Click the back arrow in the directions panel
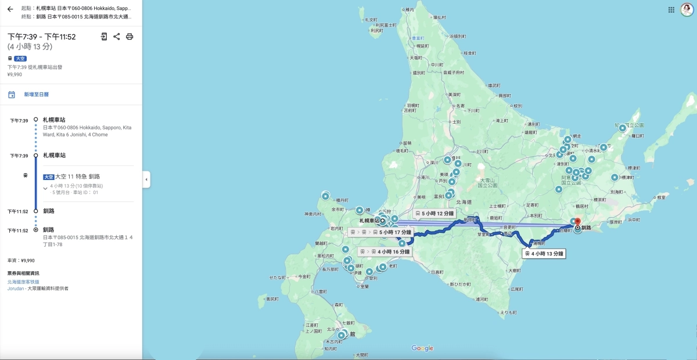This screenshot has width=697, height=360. click(10, 9)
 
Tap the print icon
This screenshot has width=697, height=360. click(130, 37)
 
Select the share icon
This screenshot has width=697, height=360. click(117, 37)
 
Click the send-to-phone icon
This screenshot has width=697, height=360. click(104, 37)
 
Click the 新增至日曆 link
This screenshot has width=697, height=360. click(36, 94)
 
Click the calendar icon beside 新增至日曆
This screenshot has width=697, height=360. click(12, 95)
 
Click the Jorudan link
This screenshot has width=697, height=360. click(16, 288)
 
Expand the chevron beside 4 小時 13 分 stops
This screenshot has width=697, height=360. click(45, 188)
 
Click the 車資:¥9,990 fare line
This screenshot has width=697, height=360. click(21, 261)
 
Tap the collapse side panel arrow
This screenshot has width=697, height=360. click(146, 179)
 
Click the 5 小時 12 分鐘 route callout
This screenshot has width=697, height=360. click(434, 214)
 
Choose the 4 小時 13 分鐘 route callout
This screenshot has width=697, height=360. click(544, 254)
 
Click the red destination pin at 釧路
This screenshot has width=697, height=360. click(577, 222)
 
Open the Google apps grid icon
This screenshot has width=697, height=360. click(671, 10)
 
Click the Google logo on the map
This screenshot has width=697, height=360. click(422, 348)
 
